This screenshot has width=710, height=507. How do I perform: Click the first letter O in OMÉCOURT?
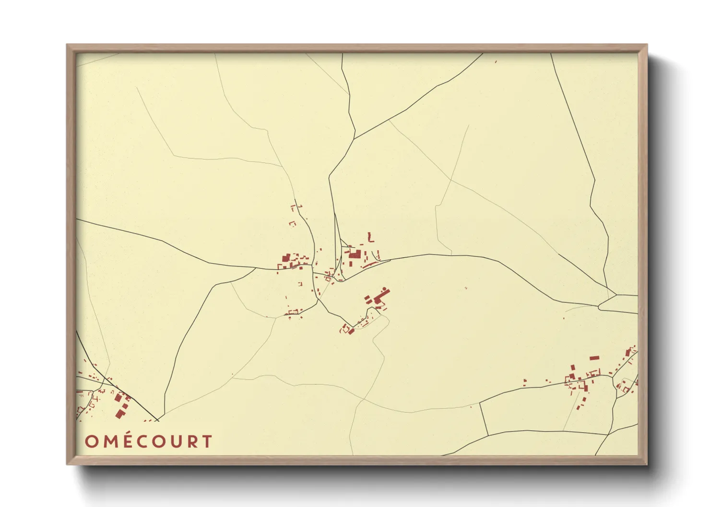click(91, 442)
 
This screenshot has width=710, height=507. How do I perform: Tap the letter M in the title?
click(108, 442)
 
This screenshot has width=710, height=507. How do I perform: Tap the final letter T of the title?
click(206, 442)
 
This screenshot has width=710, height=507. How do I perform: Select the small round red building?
click(384, 288)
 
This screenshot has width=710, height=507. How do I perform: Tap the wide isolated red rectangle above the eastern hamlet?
click(594, 358)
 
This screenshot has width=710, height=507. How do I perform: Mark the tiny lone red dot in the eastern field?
click(466, 288)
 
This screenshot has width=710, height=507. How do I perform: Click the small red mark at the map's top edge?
click(496, 61)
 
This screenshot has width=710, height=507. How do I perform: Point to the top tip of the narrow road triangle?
click(335, 214)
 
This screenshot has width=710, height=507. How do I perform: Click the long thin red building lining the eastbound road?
click(370, 264)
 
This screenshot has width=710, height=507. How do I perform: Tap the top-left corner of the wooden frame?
click(67, 45)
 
